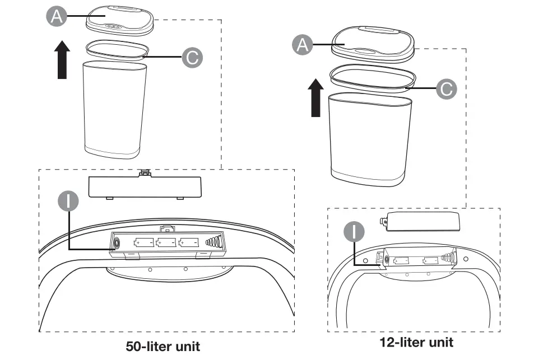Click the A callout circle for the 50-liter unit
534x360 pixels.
click(55, 17)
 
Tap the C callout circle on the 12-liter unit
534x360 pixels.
click(446, 88)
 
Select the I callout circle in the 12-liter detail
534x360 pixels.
click(354, 232)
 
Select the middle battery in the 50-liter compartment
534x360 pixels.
click(166, 243)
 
